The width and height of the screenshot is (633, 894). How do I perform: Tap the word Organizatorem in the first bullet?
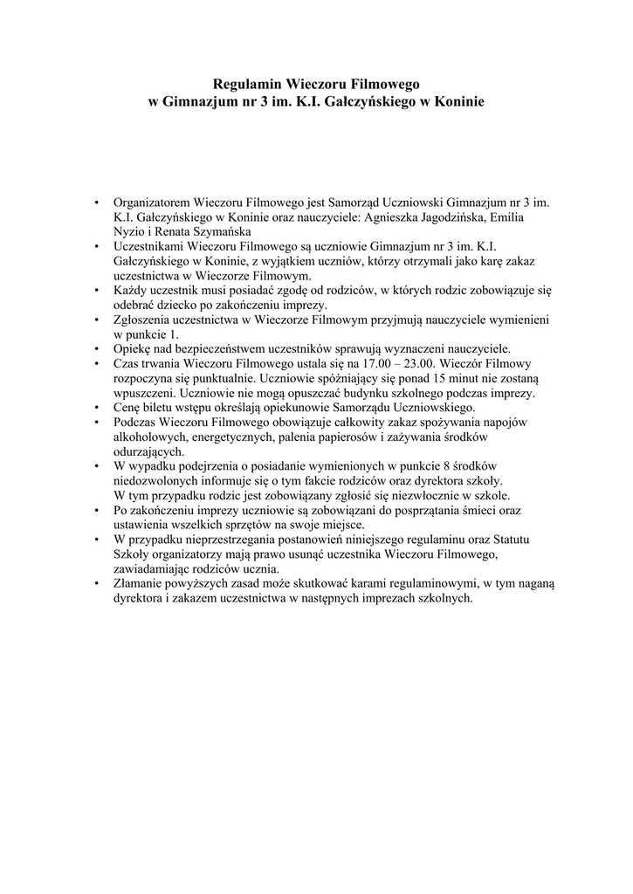(x=152, y=202)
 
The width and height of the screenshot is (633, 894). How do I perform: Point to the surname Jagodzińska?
(x=450, y=217)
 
